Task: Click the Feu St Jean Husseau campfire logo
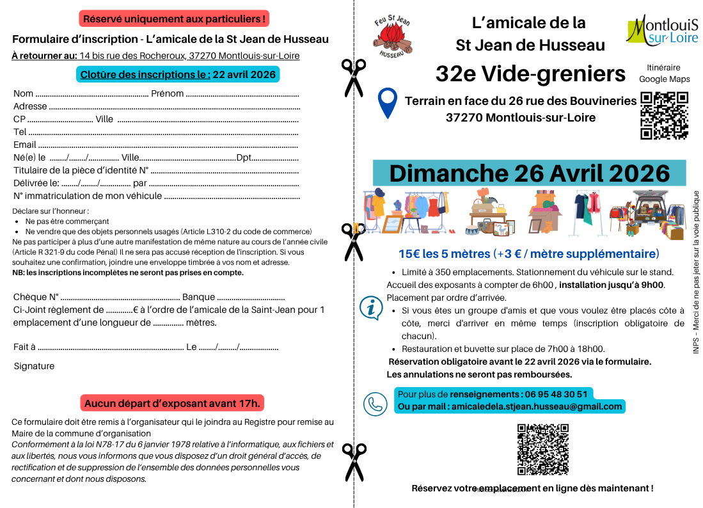[x=394, y=38]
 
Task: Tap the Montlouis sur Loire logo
[x=662, y=31]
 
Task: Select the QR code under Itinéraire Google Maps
[x=664, y=116]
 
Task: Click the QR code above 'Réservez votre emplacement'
[x=542, y=448]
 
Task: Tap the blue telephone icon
[x=375, y=404]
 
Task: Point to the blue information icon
[x=371, y=307]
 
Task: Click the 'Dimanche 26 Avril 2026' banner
[x=529, y=173]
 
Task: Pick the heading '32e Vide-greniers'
[x=530, y=74]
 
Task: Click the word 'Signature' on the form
[x=34, y=366]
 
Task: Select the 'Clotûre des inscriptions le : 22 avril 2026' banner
[x=178, y=74]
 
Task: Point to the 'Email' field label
[x=25, y=145]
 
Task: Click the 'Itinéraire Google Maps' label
[x=664, y=73]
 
